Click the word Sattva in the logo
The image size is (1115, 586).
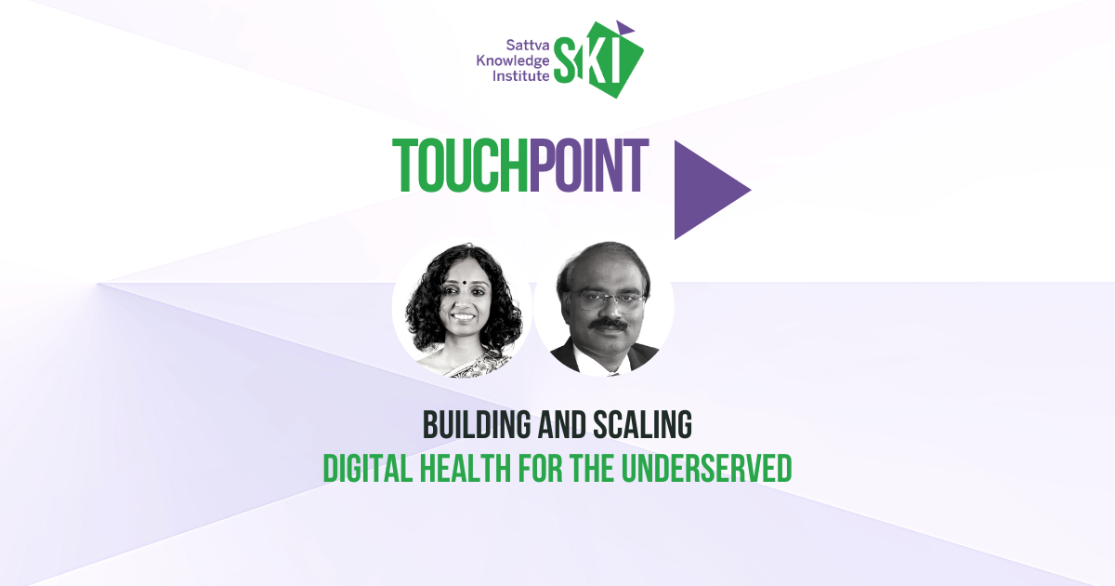[x=528, y=46]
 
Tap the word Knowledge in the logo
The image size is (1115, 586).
[x=513, y=61]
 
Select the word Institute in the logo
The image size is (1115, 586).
[x=520, y=75]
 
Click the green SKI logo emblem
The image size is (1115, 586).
[x=598, y=60]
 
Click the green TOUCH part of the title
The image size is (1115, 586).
[x=461, y=166]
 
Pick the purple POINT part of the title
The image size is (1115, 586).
[x=589, y=166]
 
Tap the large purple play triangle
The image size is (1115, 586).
[x=713, y=190]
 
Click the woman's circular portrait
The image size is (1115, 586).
[x=462, y=308]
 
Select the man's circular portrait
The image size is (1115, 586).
[x=604, y=308]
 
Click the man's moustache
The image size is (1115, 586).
[x=609, y=325]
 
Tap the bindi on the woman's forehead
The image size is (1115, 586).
[x=464, y=282]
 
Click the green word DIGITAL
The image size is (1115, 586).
[x=368, y=468]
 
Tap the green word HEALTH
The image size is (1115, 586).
[x=466, y=468]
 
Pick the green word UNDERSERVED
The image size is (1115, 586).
[x=707, y=468]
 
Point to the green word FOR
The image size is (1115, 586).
[x=541, y=468]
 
